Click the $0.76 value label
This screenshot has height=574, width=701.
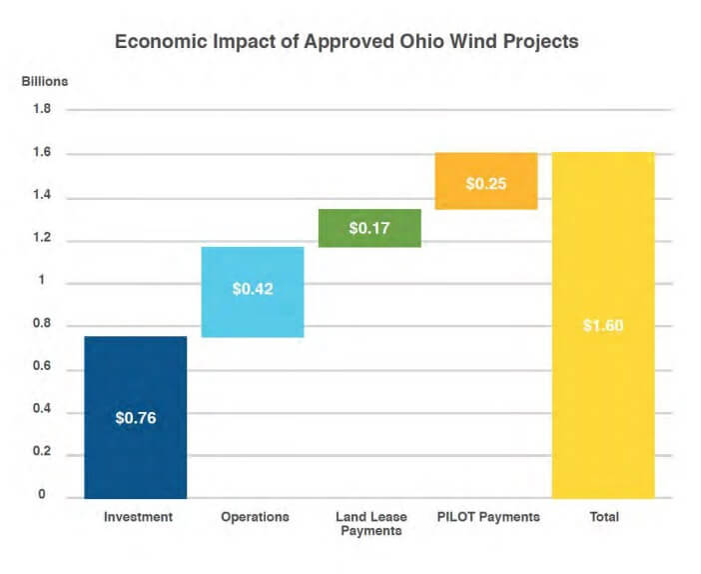136,417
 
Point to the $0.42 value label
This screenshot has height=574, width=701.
253,289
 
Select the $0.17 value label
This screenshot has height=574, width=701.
368,228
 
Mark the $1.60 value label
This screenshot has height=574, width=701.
603,326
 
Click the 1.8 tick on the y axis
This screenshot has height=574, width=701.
40,110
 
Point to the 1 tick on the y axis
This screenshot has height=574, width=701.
41,283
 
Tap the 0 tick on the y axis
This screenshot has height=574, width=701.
41,496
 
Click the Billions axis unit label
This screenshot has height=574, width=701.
45,80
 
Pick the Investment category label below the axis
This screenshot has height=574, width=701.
138,517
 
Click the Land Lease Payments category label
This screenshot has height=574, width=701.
370,523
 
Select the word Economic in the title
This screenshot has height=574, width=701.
161,43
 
